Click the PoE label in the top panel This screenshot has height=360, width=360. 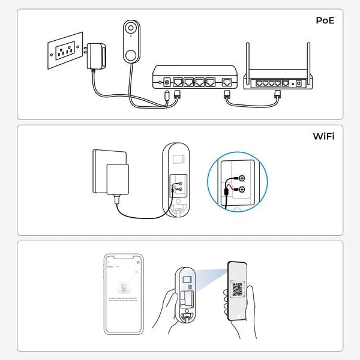325,20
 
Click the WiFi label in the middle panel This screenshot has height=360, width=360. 323,136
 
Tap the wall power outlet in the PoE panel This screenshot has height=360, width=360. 63,52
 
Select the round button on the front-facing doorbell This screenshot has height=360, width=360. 130,54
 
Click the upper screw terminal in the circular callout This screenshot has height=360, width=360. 242,178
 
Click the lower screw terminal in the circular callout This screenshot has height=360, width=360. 242,190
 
